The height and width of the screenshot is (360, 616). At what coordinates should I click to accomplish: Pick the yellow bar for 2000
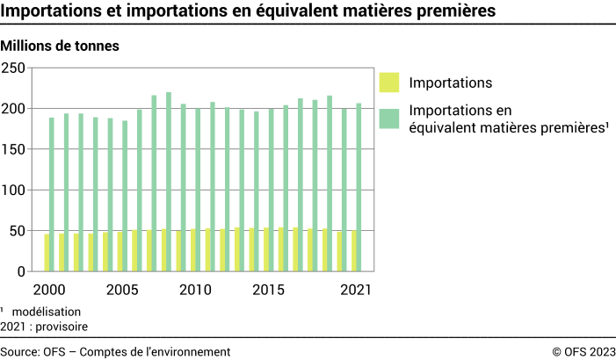(46, 253)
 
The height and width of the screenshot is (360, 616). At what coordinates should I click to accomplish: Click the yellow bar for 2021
(353, 252)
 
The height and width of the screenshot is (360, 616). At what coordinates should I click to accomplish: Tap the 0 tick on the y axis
(20, 272)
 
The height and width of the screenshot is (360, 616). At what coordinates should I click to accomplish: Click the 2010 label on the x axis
(195, 290)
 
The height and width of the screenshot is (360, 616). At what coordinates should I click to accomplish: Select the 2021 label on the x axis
(356, 290)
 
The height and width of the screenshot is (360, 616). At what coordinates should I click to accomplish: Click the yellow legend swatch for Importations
(389, 83)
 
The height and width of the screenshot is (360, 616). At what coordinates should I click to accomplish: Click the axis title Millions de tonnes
(61, 44)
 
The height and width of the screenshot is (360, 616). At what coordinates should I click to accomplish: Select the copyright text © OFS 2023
(583, 351)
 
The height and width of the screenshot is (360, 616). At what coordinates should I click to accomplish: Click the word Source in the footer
(19, 351)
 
